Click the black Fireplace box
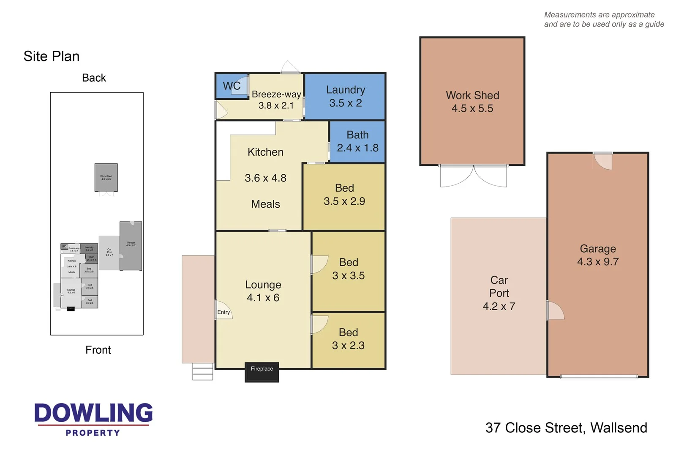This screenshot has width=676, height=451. coord(262,372)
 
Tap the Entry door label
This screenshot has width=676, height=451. coord(224,312)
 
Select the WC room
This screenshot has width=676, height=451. coord(232,86)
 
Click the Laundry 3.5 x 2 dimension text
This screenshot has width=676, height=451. coord(345,103)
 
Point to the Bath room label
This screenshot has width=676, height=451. coord(357,135)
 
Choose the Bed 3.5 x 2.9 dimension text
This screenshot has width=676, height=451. coord(344,201)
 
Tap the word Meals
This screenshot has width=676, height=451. coord(265,204)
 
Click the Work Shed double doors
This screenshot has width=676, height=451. coord(473,176)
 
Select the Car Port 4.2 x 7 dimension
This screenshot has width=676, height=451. coord(499,306)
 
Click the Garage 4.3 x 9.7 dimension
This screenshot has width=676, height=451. coord(598,262)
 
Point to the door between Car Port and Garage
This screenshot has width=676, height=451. coord(555,311)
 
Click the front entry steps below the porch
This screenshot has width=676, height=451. coord(203,371)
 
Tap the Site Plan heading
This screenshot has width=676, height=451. coord(52,56)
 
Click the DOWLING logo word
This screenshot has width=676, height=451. coord(93,413)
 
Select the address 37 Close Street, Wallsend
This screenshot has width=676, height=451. coord(566,428)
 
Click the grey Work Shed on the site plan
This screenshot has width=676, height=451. coord(106,177)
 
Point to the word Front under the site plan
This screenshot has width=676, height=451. coord(98,350)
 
